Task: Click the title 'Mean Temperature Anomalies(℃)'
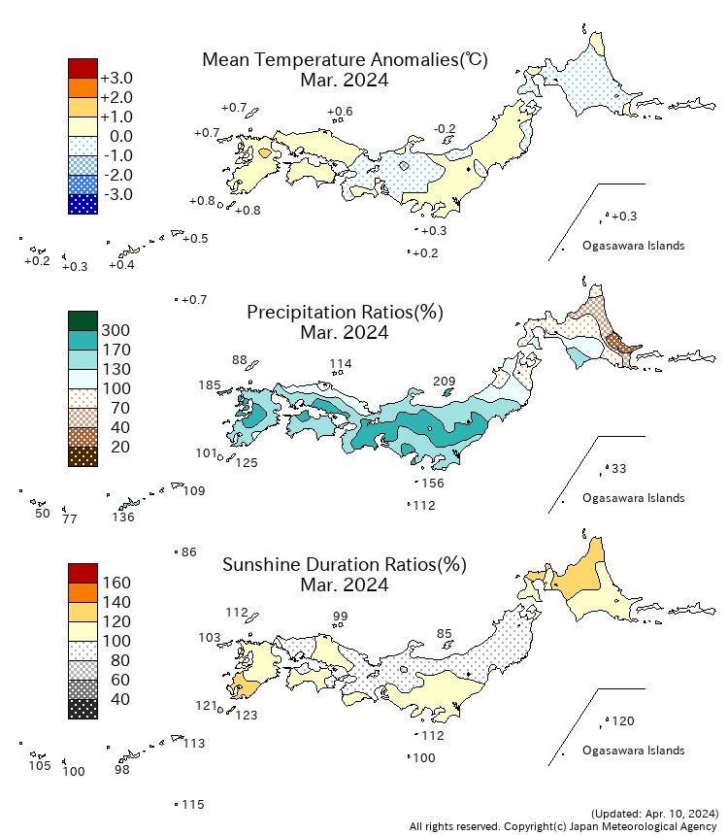pyautogui.click(x=345, y=60)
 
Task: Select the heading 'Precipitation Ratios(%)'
pyautogui.click(x=345, y=313)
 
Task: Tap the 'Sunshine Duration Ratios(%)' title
pyautogui.click(x=345, y=565)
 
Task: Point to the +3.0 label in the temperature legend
pyautogui.click(x=116, y=78)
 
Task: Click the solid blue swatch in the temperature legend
pyautogui.click(x=83, y=204)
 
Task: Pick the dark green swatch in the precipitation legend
pyautogui.click(x=83, y=320)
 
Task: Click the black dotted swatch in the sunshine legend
pyautogui.click(x=83, y=709)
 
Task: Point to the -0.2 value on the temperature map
pyautogui.click(x=445, y=129)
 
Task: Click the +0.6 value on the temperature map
pyautogui.click(x=340, y=112)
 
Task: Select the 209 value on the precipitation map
pyautogui.click(x=445, y=382)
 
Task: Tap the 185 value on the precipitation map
pyautogui.click(x=210, y=385)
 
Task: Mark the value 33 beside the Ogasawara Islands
pyautogui.click(x=619, y=469)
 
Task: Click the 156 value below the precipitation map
pyautogui.click(x=433, y=484)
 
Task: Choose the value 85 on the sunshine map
pyautogui.click(x=445, y=634)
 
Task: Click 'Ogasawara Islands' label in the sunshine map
pyautogui.click(x=633, y=751)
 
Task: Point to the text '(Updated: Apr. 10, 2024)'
pyautogui.click(x=654, y=813)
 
